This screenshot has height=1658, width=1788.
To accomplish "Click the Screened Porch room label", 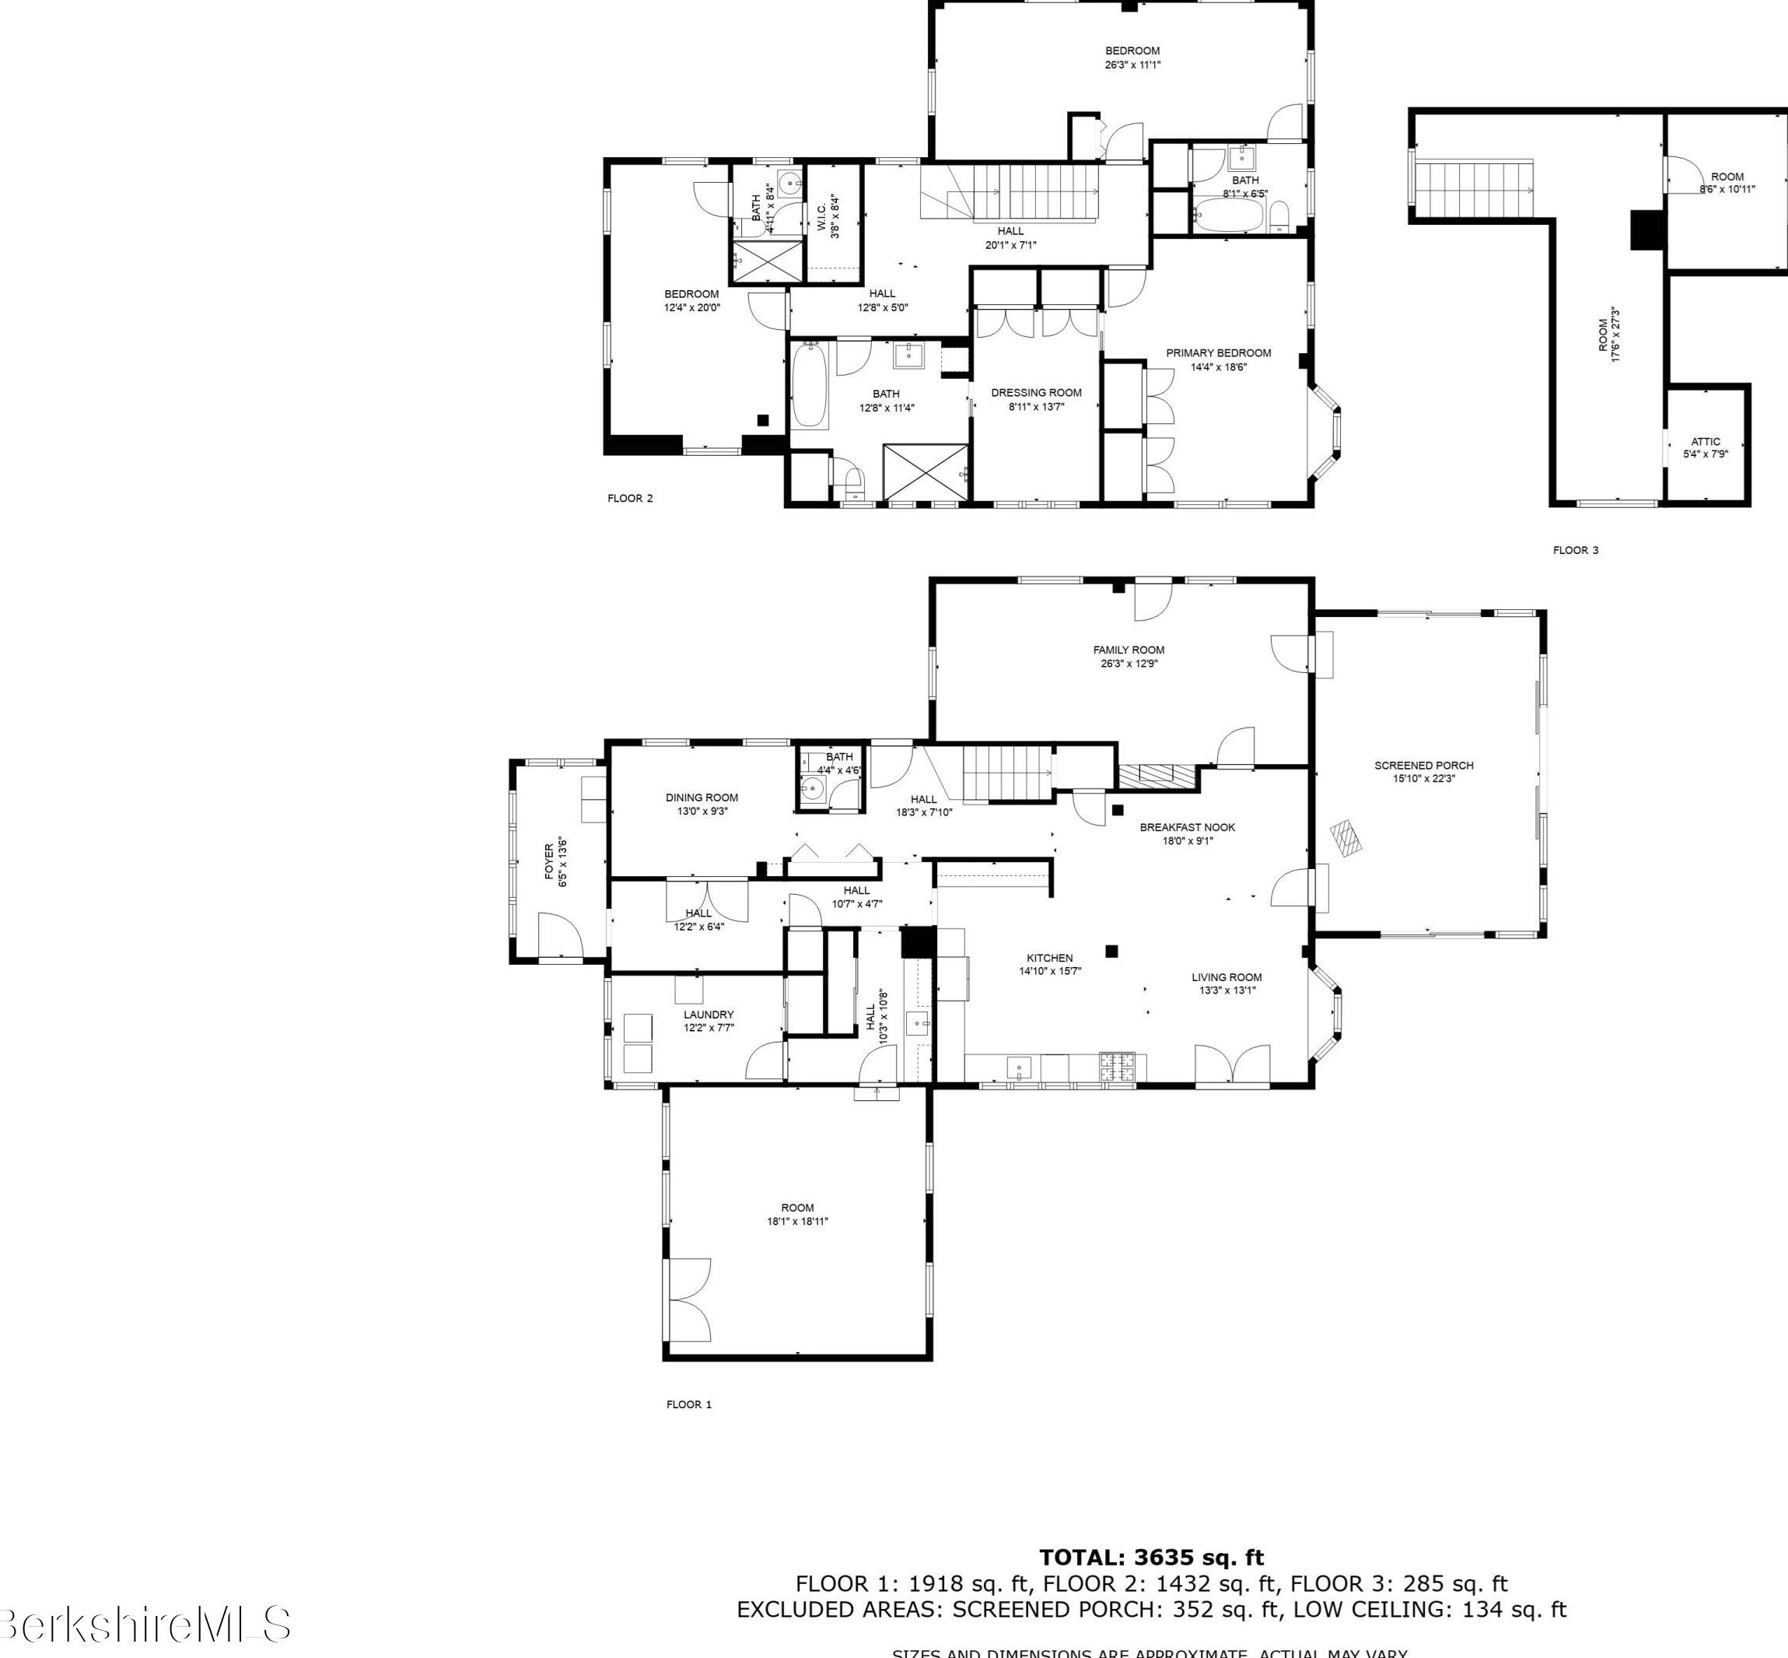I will [x=1423, y=766].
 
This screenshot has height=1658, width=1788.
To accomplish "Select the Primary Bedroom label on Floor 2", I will [x=1218, y=352].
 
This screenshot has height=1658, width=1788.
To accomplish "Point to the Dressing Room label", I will [x=1036, y=392].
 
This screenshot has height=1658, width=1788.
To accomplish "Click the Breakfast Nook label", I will [x=1188, y=827].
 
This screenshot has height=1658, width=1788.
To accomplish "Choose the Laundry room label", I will [x=709, y=1015].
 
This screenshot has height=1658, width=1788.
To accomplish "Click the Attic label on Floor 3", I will [x=1705, y=441].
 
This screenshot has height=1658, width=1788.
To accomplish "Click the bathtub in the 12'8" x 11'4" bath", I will [x=809, y=386].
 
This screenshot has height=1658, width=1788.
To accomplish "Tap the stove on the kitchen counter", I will [x=1116, y=1066].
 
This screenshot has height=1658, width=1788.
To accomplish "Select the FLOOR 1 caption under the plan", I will [x=688, y=1404].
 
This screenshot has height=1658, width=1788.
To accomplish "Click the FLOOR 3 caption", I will [x=1576, y=550].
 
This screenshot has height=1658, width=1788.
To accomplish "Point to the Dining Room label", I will [x=702, y=797].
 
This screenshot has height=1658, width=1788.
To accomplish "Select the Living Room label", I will [x=1226, y=977].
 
